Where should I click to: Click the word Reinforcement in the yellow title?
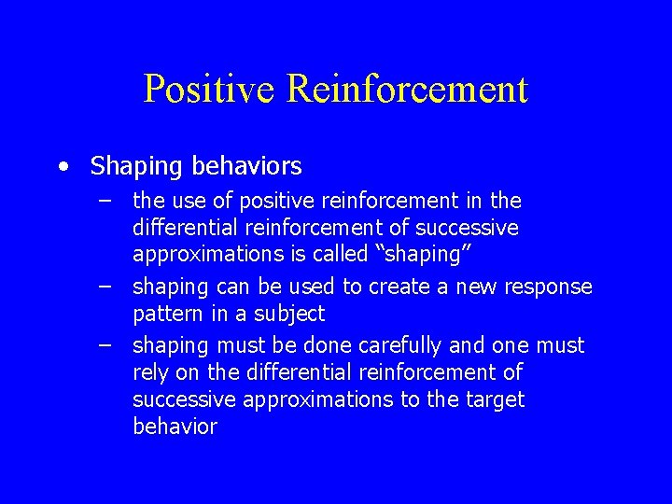pyautogui.click(x=408, y=90)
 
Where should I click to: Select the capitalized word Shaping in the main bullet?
pyautogui.click(x=137, y=167)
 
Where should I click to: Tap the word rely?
pyautogui.click(x=150, y=372)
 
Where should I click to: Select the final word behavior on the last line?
pyautogui.click(x=175, y=427)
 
